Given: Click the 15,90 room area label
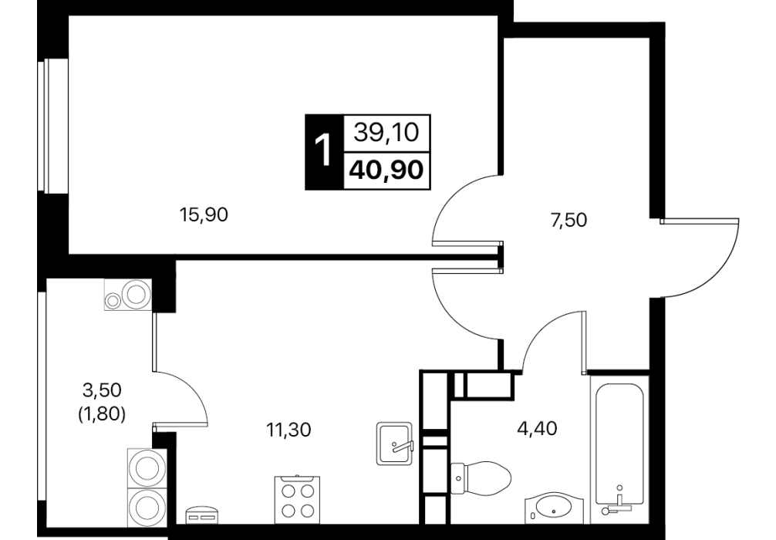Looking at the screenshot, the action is tap(204, 214).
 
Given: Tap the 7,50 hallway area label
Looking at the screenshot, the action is tap(569, 220).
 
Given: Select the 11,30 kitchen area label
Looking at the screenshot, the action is tap(288, 430).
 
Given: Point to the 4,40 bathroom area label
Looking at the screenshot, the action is tap(536, 427).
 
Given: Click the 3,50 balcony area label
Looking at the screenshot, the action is tap(102, 390).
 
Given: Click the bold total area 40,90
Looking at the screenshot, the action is tap(386, 170).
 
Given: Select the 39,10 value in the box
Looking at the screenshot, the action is tap(386, 133).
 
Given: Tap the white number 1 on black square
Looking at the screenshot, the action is tap(324, 152).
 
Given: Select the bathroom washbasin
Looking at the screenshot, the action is tap(554, 508).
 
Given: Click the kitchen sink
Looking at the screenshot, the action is tap(394, 444).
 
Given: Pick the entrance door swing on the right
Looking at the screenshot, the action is tap(700, 258).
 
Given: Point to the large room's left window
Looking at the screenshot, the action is tap(52, 126).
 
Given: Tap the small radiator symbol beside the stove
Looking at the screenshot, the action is tap(201, 515).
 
